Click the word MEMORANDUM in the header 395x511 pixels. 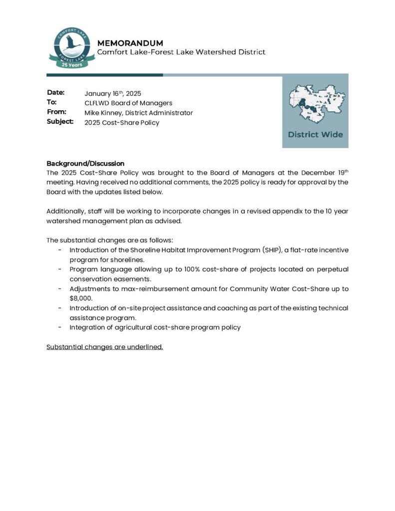130,43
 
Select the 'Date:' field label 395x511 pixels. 56,93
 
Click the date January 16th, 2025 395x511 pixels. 113,93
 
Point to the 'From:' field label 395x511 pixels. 56,112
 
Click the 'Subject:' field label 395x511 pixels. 60,121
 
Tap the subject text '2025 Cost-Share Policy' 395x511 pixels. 122,122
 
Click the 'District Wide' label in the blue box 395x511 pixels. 315,134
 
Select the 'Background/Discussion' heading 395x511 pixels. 85,163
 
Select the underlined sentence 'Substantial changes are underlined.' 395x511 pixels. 105,347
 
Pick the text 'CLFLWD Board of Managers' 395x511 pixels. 128,103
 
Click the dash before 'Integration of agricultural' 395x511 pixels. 60,327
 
